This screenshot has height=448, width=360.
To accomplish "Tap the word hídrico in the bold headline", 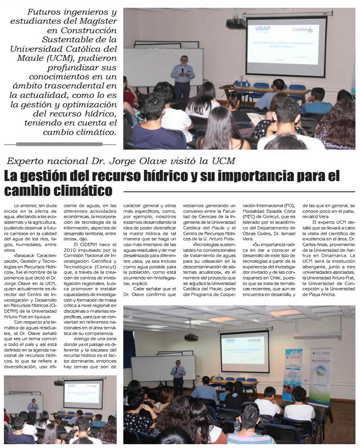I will pyautogui.click(x=188, y=176).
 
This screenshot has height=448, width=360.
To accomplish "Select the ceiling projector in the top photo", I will pyautogui.click(x=236, y=23).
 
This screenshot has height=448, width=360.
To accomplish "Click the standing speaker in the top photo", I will pyautogui.click(x=182, y=77).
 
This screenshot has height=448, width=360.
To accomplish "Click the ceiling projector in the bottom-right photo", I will pyautogui.click(x=191, y=337).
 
